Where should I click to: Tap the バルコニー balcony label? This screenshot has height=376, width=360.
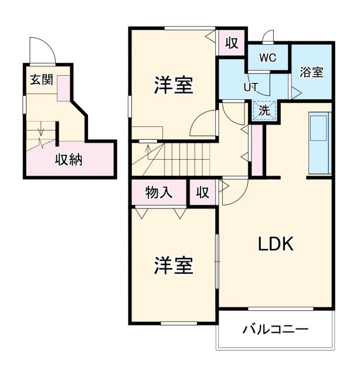[275, 330]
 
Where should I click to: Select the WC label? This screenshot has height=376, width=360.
[268, 58]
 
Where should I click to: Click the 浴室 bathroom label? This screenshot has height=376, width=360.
[311, 72]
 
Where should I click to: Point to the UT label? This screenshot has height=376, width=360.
[251, 86]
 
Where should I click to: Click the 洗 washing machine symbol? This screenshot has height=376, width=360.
[264, 109]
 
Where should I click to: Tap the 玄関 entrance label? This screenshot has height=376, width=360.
[40, 79]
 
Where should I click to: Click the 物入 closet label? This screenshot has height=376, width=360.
[158, 192]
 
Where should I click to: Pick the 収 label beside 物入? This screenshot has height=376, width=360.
[202, 192]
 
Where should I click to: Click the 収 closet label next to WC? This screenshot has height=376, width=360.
[231, 42]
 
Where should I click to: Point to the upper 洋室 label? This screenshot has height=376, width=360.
[174, 85]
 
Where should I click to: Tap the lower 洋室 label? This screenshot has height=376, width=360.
[174, 266]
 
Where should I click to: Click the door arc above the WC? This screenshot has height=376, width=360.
[269, 36]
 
